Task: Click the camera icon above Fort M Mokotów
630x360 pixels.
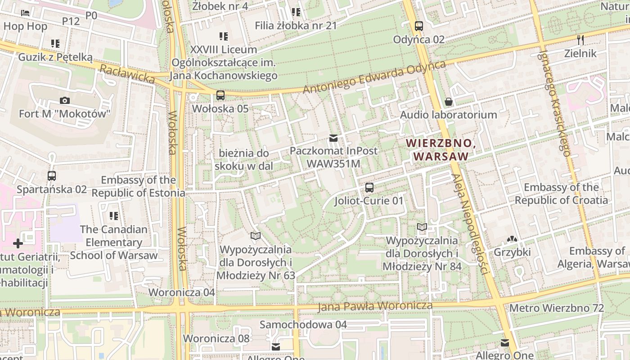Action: tap(65, 100)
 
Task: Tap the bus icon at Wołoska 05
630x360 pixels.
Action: tap(220, 95)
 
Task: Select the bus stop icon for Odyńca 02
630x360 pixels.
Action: tap(419, 26)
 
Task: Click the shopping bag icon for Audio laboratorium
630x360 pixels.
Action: tap(448, 102)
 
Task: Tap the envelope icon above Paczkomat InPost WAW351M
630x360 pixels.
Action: tap(333, 138)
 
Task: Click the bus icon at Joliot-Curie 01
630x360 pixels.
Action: tap(369, 188)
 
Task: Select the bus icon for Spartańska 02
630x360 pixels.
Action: tap(52, 176)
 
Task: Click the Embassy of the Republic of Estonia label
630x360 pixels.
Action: tap(138, 186)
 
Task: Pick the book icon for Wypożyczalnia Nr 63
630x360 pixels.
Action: tap(256, 236)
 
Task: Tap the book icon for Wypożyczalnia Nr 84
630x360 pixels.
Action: tap(422, 227)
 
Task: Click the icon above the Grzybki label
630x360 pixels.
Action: tap(512, 239)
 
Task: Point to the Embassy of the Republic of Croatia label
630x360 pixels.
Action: tap(561, 193)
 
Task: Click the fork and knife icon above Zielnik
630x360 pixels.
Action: tap(580, 40)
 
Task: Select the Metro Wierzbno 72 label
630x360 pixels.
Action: tap(556, 308)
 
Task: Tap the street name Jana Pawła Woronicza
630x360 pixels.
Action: tap(375, 306)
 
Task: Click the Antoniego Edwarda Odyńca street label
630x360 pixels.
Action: tap(374, 77)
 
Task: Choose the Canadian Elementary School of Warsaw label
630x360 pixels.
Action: tap(114, 242)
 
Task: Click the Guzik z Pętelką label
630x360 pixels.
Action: tap(55, 57)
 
